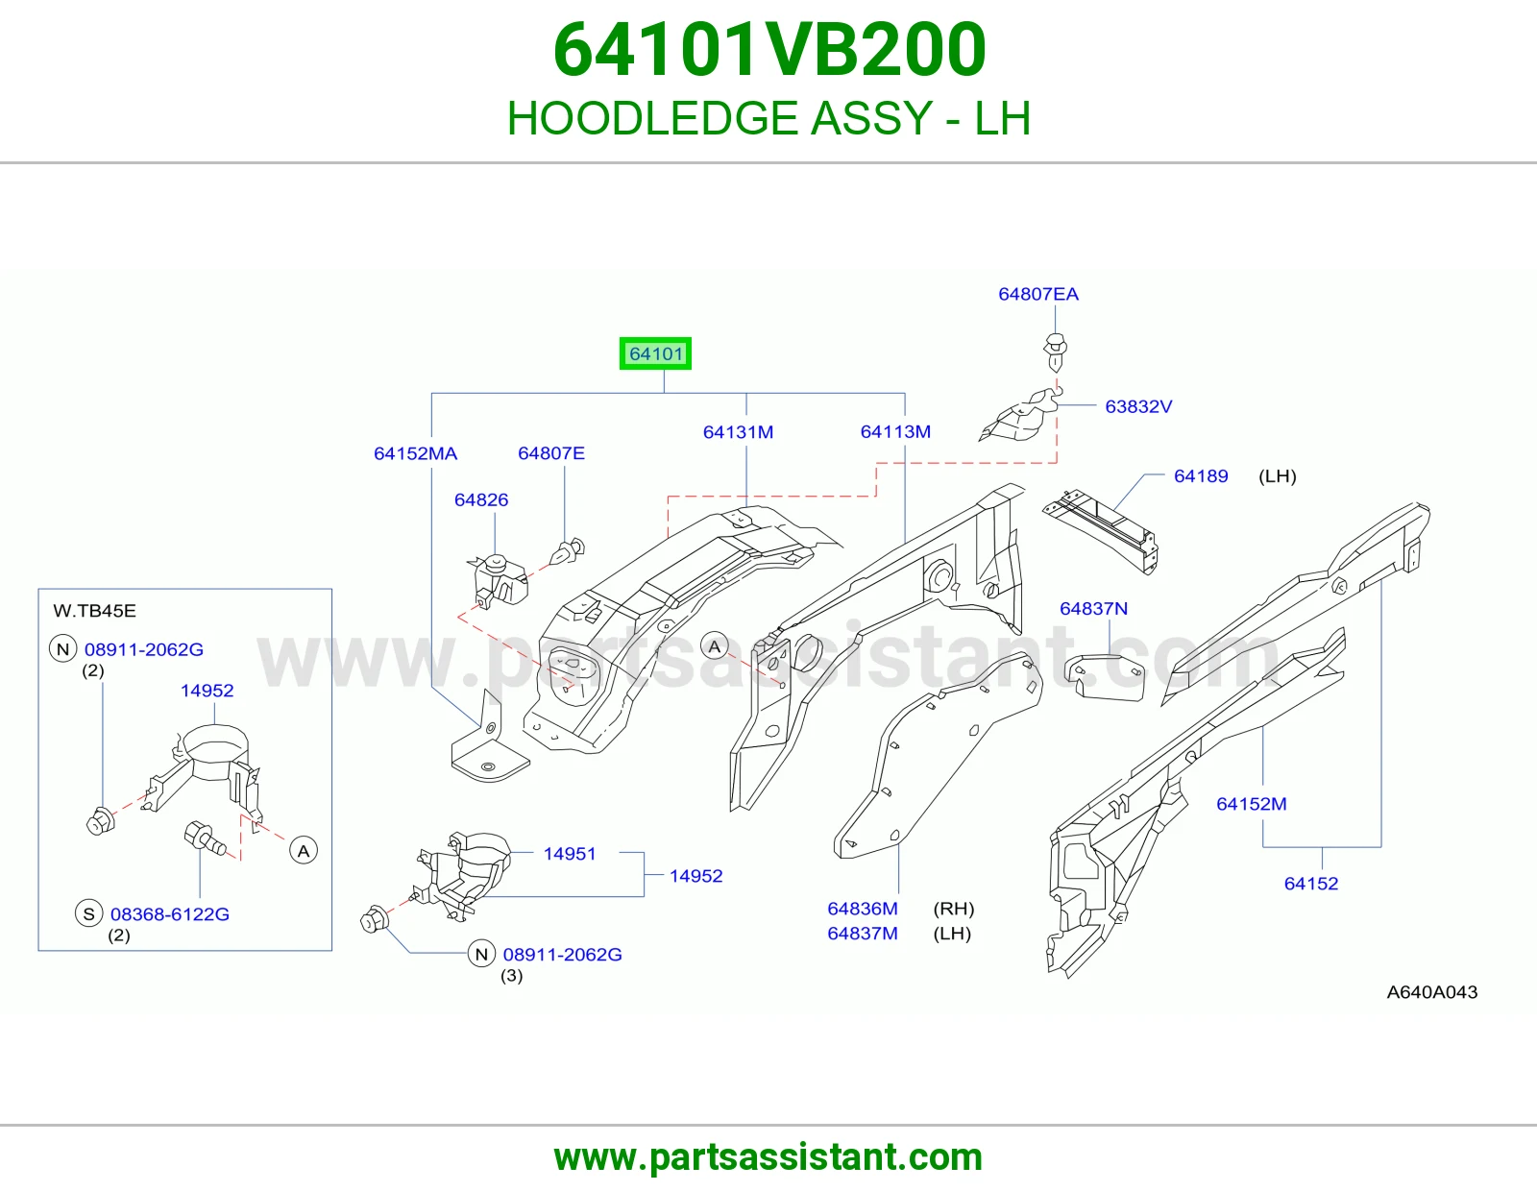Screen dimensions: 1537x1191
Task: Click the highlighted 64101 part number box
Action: (655, 352)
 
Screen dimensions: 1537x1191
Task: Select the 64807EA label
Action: (1037, 294)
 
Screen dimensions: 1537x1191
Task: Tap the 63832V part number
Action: (1138, 406)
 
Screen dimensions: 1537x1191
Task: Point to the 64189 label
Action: (1201, 476)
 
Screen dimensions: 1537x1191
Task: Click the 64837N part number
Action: (1093, 608)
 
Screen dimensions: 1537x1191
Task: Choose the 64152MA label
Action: (415, 453)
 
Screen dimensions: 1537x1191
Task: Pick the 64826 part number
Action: (481, 500)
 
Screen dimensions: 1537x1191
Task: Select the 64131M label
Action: (738, 432)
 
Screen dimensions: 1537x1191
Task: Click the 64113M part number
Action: (895, 431)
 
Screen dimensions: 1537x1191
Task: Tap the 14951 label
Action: (570, 854)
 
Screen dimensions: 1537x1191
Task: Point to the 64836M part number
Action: (863, 908)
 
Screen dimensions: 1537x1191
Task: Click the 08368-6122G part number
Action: (170, 913)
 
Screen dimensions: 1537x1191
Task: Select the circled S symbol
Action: (88, 913)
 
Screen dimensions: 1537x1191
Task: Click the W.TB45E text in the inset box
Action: (95, 610)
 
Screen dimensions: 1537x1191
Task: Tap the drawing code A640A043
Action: (1431, 992)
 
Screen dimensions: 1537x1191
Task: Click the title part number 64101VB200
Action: (768, 50)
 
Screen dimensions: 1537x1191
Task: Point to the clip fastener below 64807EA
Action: (1055, 352)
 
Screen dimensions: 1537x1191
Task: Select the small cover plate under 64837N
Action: (1104, 677)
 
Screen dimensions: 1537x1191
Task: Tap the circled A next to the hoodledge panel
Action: (715, 646)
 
